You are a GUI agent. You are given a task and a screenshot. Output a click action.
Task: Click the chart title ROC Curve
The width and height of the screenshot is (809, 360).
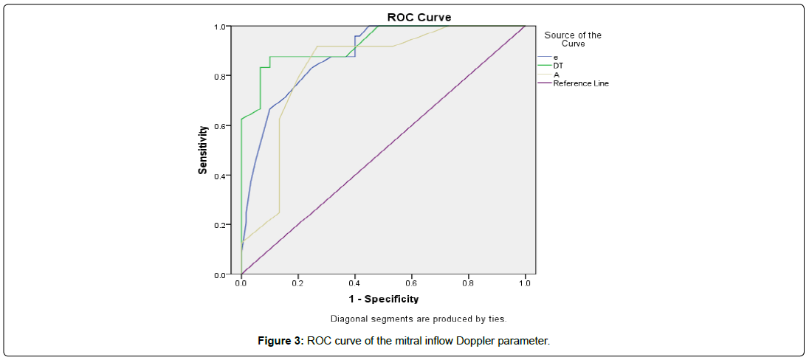tap(419, 17)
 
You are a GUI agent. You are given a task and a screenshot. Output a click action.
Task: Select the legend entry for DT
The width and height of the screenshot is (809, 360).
tap(559, 66)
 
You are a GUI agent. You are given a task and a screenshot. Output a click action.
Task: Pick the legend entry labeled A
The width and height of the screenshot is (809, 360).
tap(556, 75)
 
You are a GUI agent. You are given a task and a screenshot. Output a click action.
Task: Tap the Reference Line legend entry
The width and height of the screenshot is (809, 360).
tap(581, 83)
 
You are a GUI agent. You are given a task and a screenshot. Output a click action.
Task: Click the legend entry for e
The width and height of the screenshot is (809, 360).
tap(555, 57)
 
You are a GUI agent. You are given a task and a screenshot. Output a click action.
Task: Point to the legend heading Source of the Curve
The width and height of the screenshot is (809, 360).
tap(573, 39)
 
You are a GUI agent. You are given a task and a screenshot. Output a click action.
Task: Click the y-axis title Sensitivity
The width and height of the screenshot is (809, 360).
tap(202, 150)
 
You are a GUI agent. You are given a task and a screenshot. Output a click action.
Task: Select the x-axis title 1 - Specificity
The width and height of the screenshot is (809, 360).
tap(384, 299)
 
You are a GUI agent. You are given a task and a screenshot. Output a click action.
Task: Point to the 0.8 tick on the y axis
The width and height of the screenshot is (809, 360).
tap(220, 76)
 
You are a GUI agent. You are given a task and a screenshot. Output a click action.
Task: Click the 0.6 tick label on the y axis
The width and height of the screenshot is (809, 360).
tap(220, 126)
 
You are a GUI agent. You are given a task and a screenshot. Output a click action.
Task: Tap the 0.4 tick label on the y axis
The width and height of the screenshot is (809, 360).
tap(220, 176)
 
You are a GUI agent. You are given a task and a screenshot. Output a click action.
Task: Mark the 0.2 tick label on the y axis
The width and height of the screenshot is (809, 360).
tap(220, 225)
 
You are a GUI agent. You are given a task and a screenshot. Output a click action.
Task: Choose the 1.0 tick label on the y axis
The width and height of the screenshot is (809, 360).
tap(220, 27)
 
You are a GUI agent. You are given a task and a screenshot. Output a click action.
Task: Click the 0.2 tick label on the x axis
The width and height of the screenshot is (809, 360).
tap(297, 283)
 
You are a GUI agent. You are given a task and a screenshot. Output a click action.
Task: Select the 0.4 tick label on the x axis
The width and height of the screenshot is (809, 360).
tap(354, 283)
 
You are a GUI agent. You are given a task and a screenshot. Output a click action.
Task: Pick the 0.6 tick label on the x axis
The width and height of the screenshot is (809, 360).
tap(411, 283)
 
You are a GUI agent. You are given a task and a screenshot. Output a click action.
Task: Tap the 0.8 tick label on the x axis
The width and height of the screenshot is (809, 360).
tap(468, 283)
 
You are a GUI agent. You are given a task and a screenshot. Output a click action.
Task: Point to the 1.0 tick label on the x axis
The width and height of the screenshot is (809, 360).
tap(525, 283)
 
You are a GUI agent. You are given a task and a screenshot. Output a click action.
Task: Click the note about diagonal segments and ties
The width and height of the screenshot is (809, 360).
tap(418, 319)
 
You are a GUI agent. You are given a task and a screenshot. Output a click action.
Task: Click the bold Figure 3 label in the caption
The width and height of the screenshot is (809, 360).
tap(280, 341)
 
